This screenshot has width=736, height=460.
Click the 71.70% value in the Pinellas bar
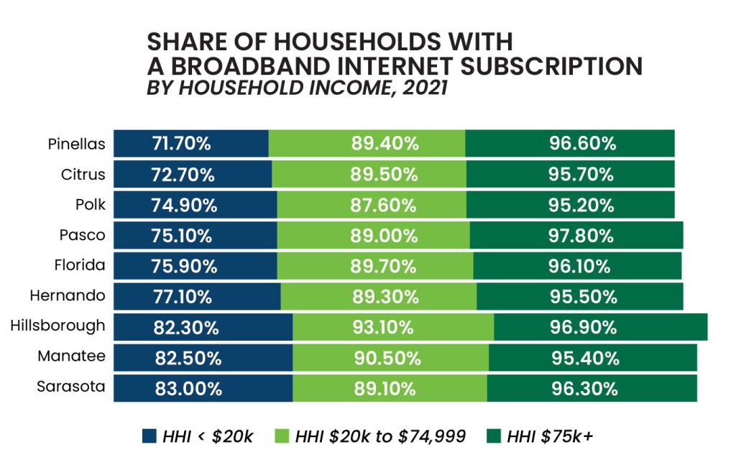pos(181,144)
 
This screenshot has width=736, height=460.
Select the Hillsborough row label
pos(58,326)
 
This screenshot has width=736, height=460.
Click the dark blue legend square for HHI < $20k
pos(149,436)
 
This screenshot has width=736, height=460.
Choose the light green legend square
pos(282,436)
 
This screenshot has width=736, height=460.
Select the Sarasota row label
pos(71,387)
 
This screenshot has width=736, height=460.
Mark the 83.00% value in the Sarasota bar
pos(188,389)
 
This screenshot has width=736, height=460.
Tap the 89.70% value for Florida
pos(384,267)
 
